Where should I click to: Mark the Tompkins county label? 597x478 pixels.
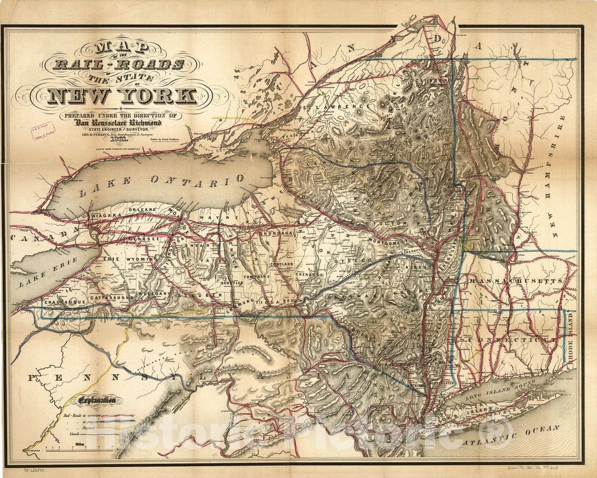click(256, 276)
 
